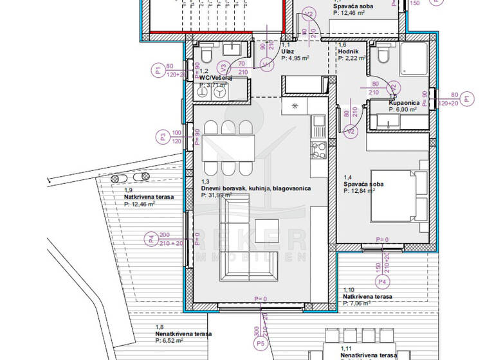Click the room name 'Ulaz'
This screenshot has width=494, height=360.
click(x=288, y=51)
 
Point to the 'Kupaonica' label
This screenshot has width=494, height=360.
click(x=404, y=103)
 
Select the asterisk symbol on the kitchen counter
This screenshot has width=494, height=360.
click(x=295, y=106)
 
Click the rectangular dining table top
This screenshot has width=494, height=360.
click(x=228, y=147)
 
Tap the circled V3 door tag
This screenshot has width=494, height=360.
click(x=223, y=66)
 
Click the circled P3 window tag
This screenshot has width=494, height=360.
click(x=163, y=136)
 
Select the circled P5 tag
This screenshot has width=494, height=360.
click(x=261, y=345)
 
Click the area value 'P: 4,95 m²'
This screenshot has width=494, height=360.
click(x=295, y=58)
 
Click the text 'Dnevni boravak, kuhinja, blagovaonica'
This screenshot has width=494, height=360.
click(x=256, y=188)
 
